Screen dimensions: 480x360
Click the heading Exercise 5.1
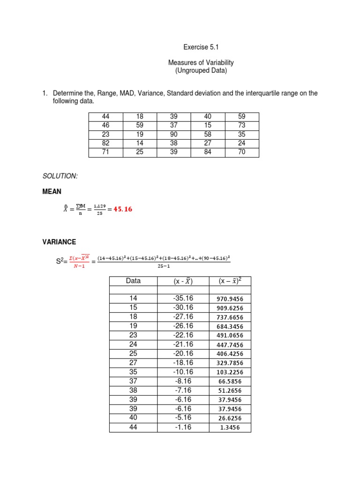point(201,47)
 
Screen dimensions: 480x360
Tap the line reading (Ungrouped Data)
point(201,71)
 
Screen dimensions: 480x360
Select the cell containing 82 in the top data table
point(105,143)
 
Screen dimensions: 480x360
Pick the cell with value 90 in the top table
point(174,135)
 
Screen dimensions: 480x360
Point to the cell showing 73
point(242,126)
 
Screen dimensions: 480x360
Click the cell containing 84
point(208,152)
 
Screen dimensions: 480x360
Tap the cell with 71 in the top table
point(105,152)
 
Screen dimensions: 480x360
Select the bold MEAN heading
point(52,192)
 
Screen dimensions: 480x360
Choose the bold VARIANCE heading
point(59,242)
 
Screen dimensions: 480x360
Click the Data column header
point(133,281)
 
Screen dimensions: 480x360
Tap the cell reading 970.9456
point(227,299)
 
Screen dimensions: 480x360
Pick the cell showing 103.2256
point(227,372)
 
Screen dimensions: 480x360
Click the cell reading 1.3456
point(227,427)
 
